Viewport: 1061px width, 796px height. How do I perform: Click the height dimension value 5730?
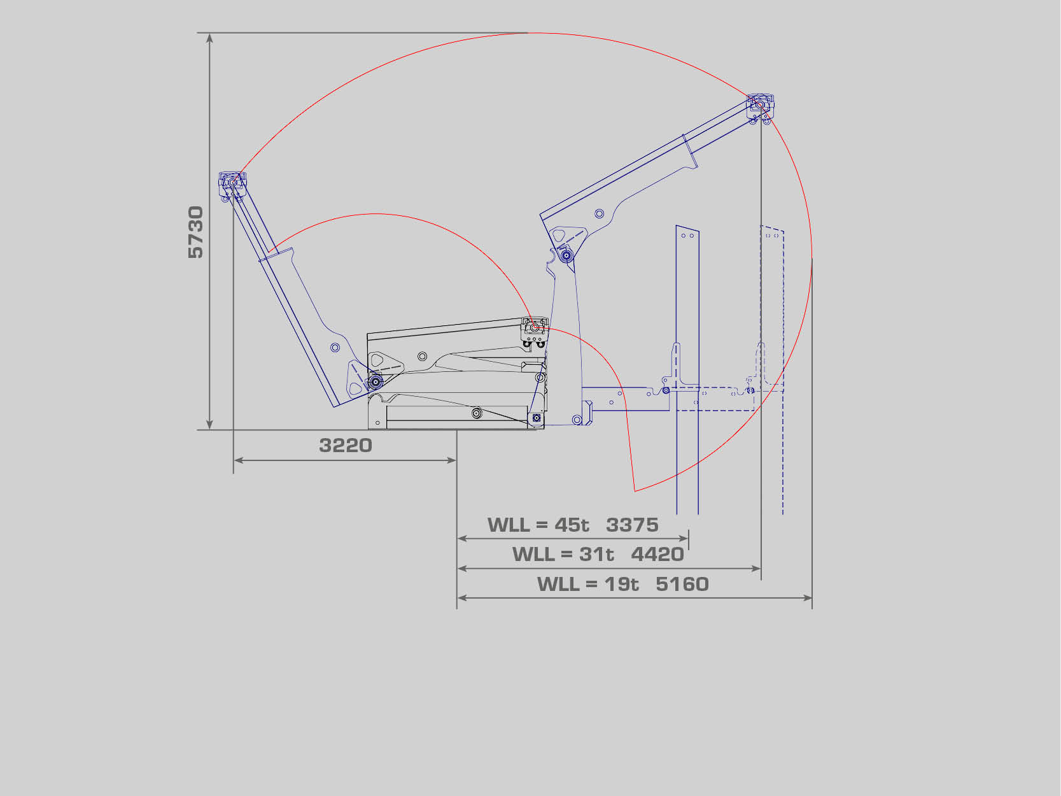(x=196, y=232)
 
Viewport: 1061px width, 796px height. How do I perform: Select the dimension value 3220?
(x=346, y=445)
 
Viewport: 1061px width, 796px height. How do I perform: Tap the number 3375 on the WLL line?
(x=632, y=525)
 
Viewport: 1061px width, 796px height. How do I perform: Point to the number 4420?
(x=657, y=554)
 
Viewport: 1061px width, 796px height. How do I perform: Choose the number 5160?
(x=682, y=584)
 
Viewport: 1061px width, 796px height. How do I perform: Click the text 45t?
(x=572, y=525)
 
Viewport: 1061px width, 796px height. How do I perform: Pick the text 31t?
(x=596, y=554)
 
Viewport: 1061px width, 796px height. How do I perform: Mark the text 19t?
(x=622, y=584)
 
